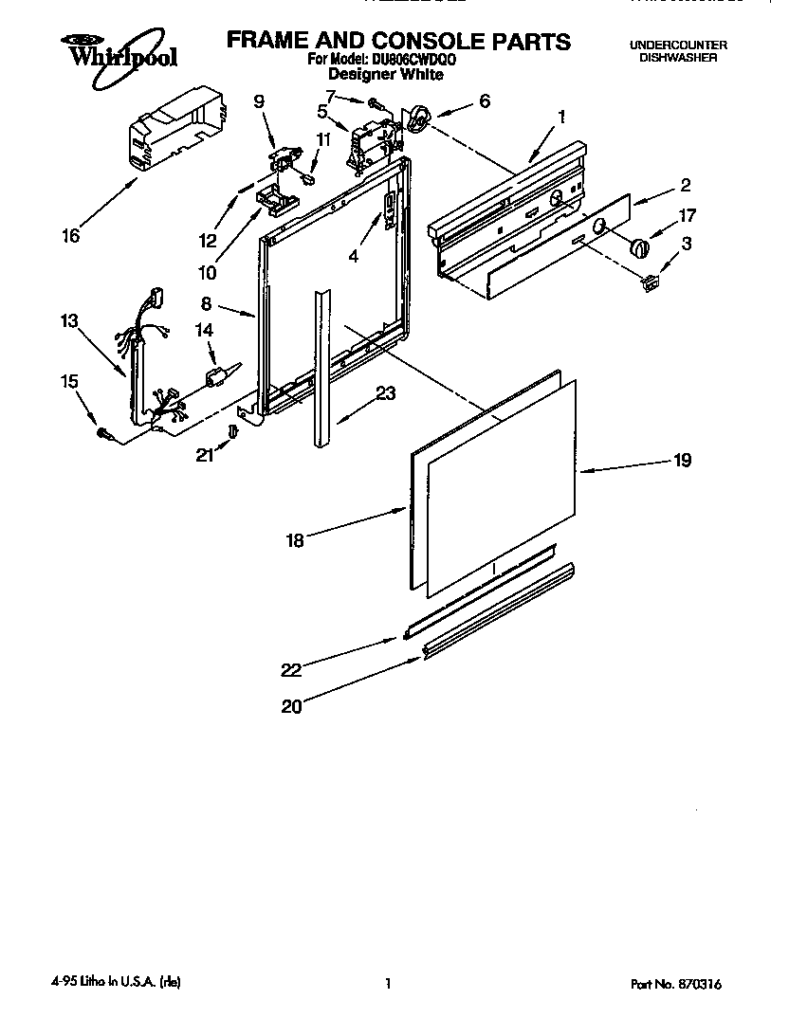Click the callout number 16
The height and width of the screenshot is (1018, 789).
click(71, 236)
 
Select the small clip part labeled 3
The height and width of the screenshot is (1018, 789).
click(650, 281)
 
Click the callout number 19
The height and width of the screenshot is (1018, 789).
click(683, 461)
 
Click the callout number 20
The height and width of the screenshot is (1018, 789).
click(291, 706)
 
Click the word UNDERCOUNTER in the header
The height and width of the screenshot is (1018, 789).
click(678, 45)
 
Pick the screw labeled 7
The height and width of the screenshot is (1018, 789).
click(376, 100)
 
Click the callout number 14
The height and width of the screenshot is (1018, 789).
click(204, 329)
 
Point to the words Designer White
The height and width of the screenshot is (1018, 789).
click(385, 73)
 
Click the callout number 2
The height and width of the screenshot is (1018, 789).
click(685, 185)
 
